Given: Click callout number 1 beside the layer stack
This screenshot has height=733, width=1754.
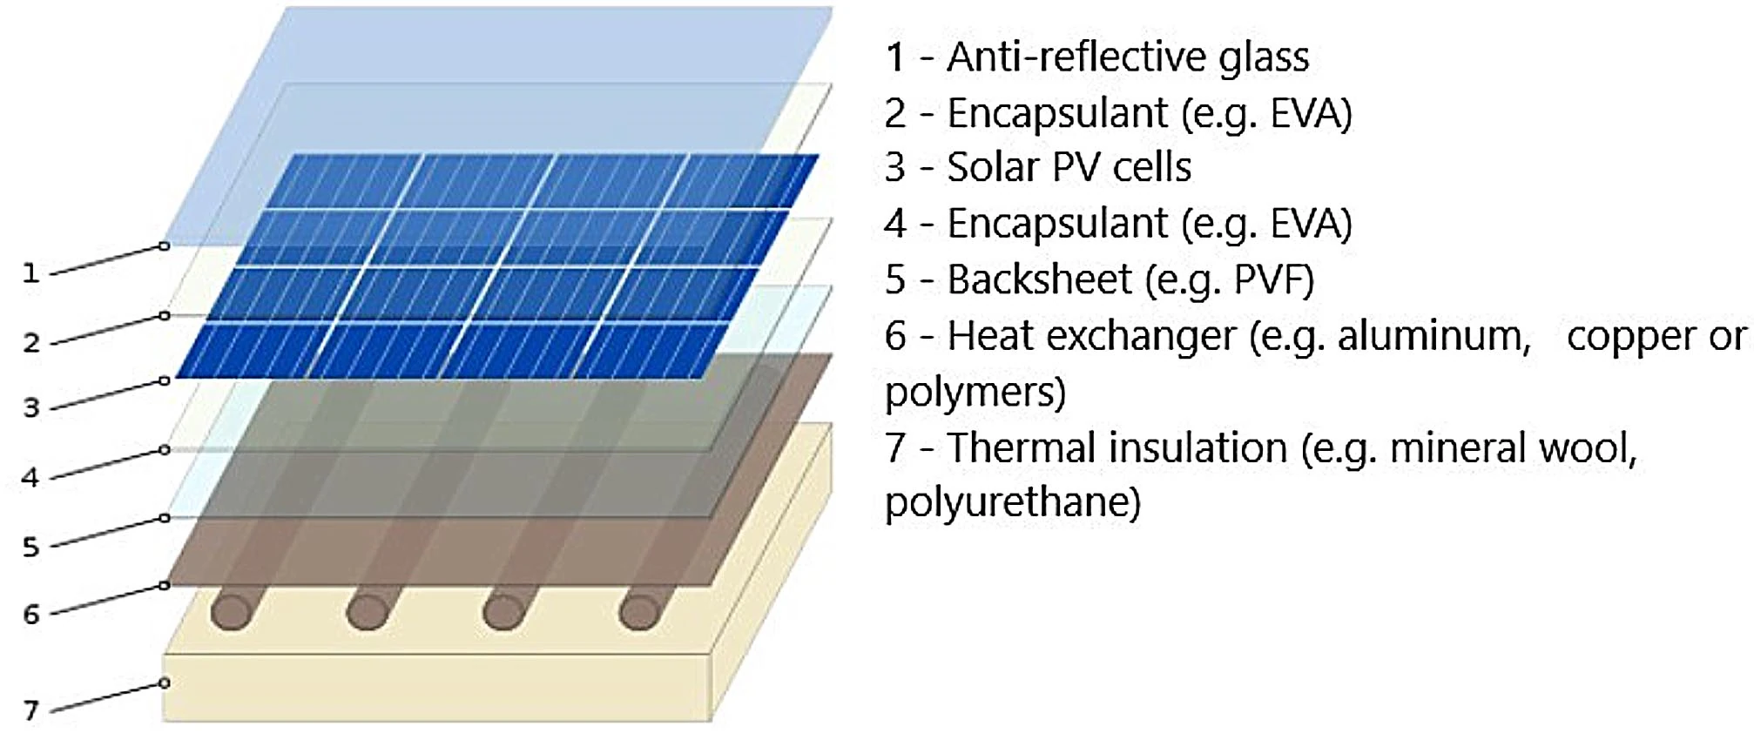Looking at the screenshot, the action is click(x=31, y=273).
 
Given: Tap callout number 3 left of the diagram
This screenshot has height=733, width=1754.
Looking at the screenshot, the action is click(x=31, y=407).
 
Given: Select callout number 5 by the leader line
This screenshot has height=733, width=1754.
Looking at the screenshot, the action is click(x=31, y=547).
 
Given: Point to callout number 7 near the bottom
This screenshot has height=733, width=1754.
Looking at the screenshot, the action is click(x=31, y=710).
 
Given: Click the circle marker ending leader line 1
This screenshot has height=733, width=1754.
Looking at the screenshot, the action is click(x=164, y=246).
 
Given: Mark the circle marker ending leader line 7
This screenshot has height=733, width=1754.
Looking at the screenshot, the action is click(x=164, y=683).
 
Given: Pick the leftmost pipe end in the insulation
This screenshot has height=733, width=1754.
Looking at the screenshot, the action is click(x=231, y=612).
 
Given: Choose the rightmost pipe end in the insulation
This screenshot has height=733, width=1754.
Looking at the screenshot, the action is click(x=639, y=612).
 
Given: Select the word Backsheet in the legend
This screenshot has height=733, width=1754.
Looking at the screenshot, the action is click(x=1039, y=279).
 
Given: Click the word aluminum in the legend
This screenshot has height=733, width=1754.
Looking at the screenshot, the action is click(x=1434, y=336).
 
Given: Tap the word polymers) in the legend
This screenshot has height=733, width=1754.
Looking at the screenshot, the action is click(x=975, y=392).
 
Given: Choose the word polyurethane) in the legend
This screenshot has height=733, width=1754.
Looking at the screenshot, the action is click(x=1012, y=502).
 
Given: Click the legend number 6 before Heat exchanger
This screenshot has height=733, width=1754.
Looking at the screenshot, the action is click(x=896, y=336).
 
